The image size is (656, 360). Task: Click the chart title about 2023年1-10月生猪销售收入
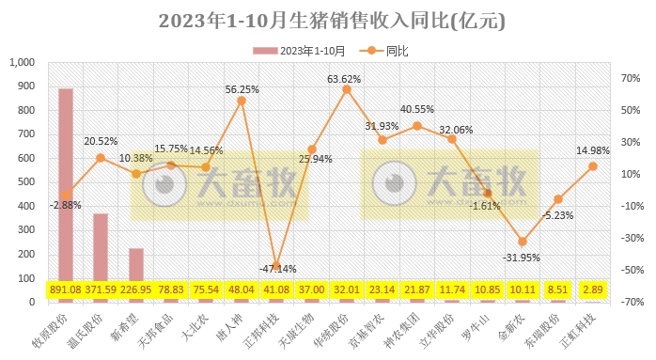coord(328,20)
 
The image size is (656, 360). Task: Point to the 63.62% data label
coord(346,79)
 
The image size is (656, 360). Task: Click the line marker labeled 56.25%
coord(242,100)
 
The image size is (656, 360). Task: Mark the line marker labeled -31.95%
coord(522,242)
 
